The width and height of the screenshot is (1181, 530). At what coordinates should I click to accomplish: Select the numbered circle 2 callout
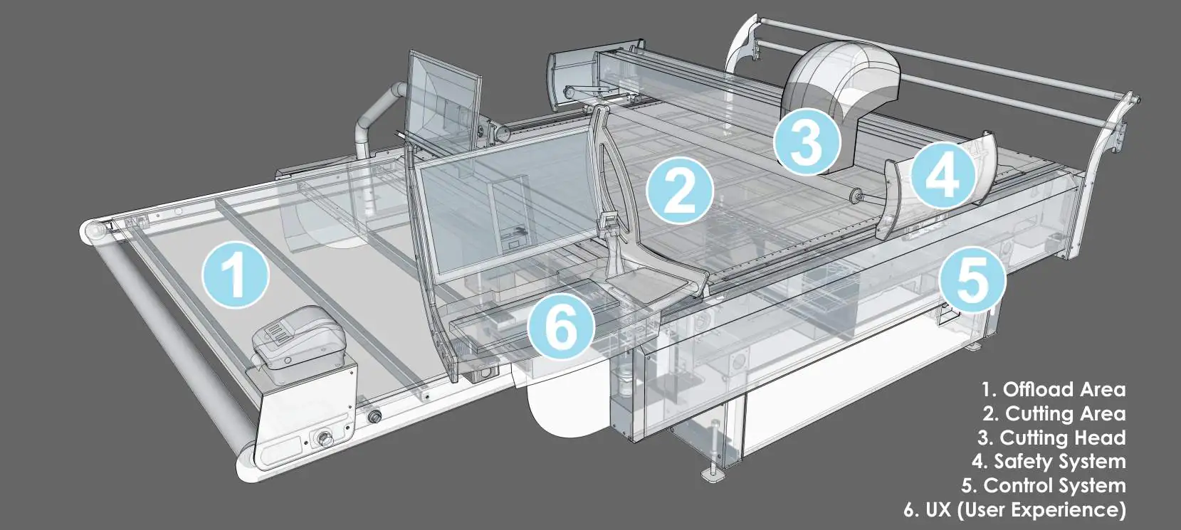point(680,190)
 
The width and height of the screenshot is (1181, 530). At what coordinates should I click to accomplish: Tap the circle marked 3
point(807,141)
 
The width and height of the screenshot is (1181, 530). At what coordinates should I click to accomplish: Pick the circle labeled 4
point(944,176)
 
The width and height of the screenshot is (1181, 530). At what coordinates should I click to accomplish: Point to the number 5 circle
point(972,280)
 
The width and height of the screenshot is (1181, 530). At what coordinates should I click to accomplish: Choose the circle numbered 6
point(562,327)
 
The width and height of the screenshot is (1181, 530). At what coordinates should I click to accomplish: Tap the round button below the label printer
point(322,438)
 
